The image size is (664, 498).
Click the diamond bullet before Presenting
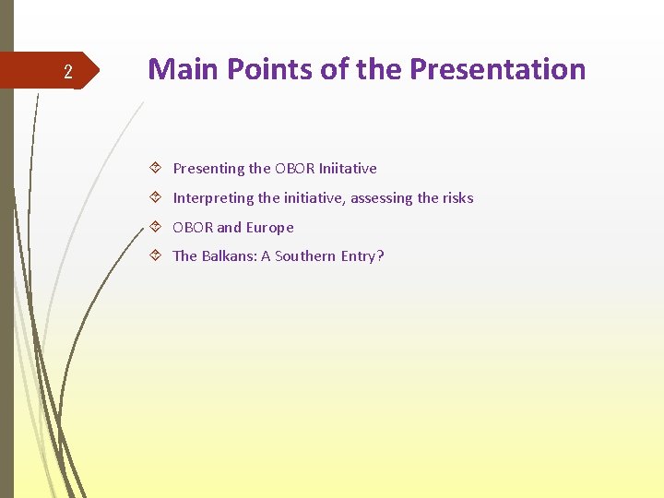(x=157, y=169)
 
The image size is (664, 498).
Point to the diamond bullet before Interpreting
(x=157, y=198)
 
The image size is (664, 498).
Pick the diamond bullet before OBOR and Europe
(x=157, y=228)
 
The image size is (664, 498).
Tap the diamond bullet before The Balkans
(x=157, y=256)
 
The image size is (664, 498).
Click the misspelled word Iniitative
(x=348, y=169)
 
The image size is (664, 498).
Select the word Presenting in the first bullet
(x=208, y=169)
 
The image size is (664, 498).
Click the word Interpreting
(x=213, y=198)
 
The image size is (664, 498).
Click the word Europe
(x=269, y=228)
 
